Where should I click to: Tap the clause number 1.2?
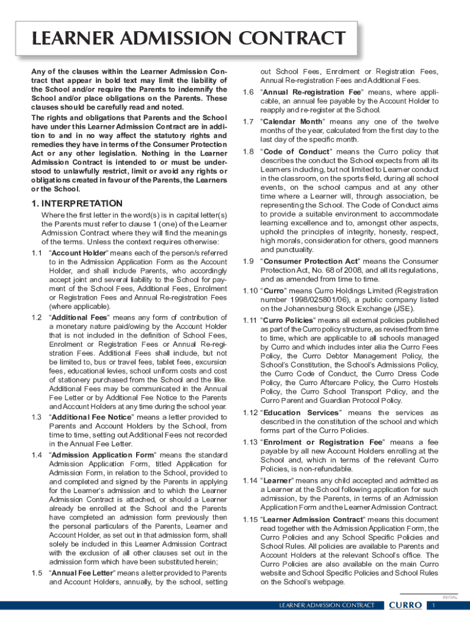(37, 317)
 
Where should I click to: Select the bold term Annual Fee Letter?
(84, 573)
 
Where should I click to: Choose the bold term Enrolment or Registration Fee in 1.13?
(323, 442)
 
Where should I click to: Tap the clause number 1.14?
(248, 480)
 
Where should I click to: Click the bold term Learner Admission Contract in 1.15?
(312, 519)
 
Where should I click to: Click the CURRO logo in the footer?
(405, 605)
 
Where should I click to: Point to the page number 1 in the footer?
(433, 605)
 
